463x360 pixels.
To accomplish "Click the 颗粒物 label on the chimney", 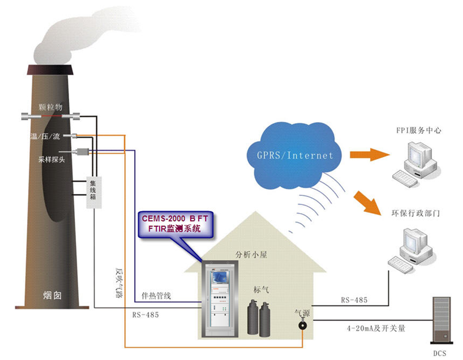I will [x=50, y=107].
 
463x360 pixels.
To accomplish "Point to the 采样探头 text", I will [x=51, y=160].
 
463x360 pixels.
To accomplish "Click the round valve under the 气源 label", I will [x=301, y=325].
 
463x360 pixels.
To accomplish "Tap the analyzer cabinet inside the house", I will [x=218, y=300].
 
